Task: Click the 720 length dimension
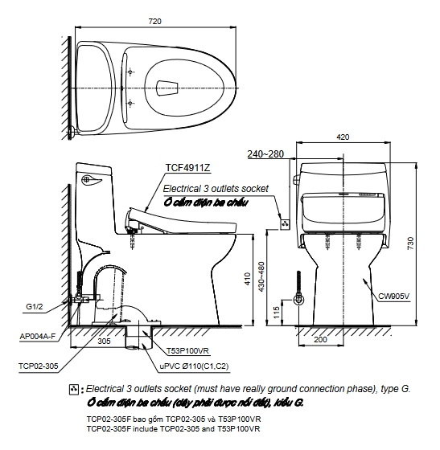pos(154,21)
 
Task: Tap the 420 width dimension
pos(343,137)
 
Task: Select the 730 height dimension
pos(411,243)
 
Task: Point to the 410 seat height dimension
pos(248,279)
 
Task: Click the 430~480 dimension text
pos(261,276)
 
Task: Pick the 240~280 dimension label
pos(265,154)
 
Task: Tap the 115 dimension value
pos(276,313)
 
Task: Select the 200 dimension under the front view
pos(320,339)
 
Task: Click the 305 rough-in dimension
pos(104,341)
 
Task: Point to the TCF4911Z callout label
pos(188,168)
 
